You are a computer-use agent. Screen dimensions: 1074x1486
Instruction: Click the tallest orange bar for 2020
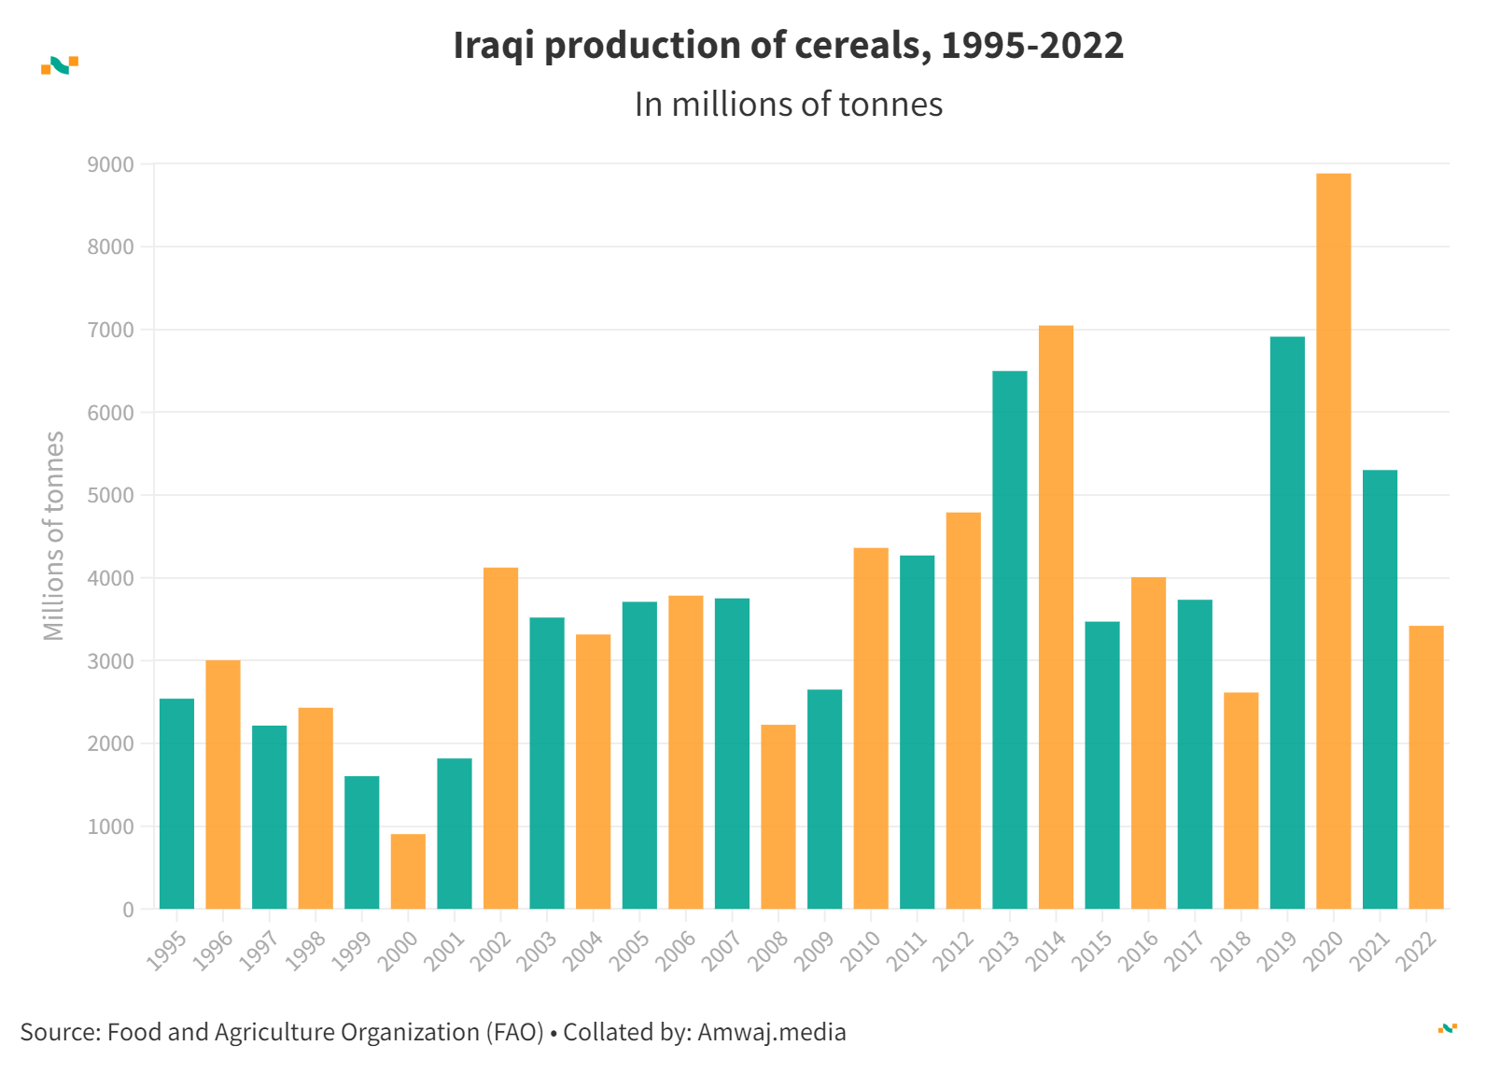coord(1333,542)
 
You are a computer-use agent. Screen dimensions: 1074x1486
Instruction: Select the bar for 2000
coord(408,871)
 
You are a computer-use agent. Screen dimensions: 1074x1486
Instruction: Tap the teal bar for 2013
coord(1009,640)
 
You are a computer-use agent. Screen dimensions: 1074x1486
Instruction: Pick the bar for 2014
coord(1056,616)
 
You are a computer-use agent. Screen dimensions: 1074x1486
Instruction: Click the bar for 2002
coord(500,738)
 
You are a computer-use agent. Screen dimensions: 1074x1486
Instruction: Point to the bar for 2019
coord(1287,623)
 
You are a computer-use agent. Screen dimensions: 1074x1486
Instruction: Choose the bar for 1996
coord(223,784)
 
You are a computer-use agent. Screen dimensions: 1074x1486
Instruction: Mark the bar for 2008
coord(778,816)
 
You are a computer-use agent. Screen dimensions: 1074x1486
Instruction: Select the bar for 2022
coord(1425,767)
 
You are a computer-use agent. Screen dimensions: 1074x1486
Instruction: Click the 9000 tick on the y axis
coord(110,165)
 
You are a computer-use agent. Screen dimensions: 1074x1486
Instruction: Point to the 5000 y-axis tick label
coord(110,496)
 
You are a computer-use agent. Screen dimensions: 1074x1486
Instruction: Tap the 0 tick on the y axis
coord(128,910)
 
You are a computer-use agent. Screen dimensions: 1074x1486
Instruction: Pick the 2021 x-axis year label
coord(1371,951)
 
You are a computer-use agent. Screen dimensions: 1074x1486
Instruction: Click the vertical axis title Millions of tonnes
coord(54,536)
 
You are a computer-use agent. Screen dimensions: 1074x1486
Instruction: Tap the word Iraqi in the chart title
coord(493,46)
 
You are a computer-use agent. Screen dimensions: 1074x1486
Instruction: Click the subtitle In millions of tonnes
coord(788,105)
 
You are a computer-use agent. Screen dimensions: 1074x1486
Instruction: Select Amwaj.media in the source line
coord(771,1032)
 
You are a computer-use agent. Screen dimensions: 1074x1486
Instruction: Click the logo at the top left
coord(60,65)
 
